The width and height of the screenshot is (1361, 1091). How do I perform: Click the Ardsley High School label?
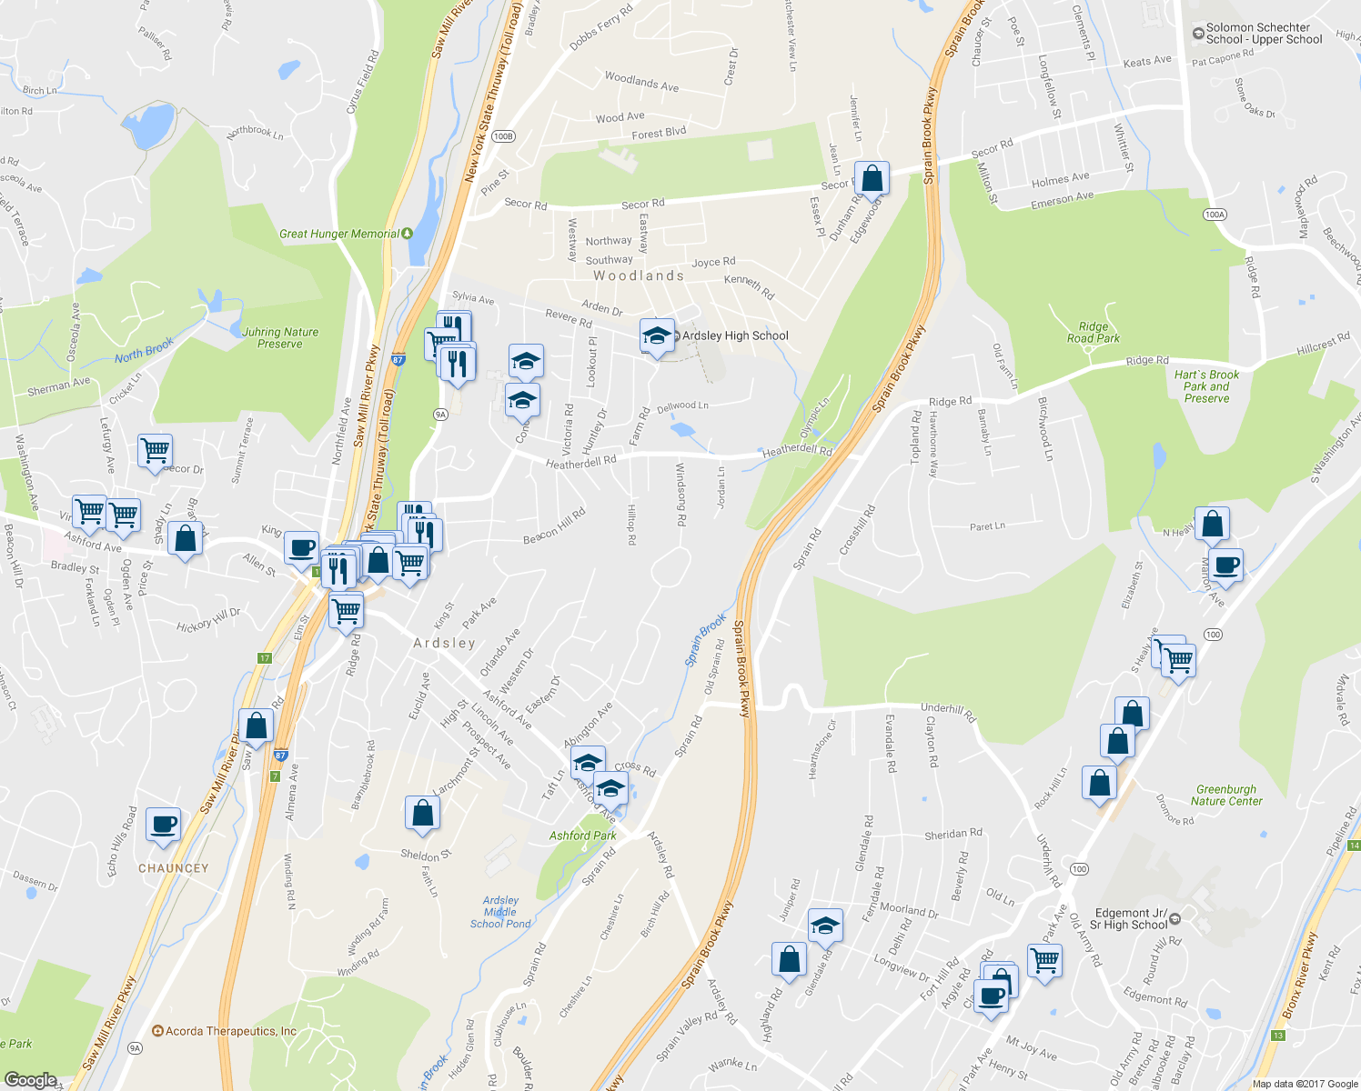pos(735,336)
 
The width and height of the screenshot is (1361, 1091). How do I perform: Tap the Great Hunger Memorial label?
pos(338,234)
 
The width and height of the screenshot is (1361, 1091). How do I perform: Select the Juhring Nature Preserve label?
pos(280,338)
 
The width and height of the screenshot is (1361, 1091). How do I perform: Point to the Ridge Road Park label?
pos(1093,333)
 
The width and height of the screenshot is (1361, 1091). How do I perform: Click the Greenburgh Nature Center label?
pos(1226,796)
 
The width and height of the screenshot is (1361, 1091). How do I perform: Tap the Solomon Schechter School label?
pos(1264,34)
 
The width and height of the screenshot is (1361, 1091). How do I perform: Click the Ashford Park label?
pos(582,836)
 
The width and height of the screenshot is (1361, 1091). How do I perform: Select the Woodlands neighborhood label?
pos(639,275)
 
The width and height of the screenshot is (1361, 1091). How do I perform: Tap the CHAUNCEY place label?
pos(173,868)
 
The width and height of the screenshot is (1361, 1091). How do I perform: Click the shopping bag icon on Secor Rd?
pos(872,178)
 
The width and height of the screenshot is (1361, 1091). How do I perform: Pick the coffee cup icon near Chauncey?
pos(163,824)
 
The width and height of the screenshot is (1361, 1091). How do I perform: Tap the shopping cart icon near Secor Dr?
pos(156,449)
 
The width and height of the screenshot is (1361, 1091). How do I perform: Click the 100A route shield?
pos(1215,215)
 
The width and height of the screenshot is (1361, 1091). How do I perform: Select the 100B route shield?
pos(503,136)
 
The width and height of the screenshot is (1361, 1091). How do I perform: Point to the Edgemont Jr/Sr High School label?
pos(1128,919)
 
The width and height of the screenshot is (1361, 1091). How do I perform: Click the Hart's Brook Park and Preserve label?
pos(1206,386)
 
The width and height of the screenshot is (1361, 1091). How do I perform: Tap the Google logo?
pos(31,1079)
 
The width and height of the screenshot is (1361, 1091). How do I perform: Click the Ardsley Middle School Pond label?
pos(500,912)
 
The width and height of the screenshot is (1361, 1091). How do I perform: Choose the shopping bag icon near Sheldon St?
pos(422,812)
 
